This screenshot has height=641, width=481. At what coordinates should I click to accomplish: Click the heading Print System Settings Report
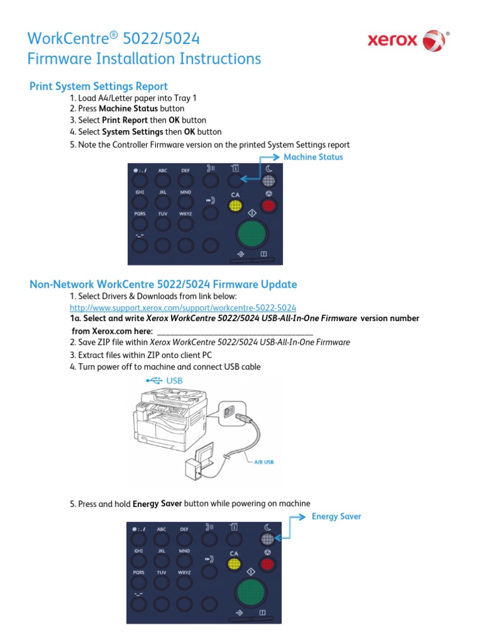pyautogui.click(x=98, y=86)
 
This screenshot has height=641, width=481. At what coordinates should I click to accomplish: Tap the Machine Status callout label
pyautogui.click(x=313, y=157)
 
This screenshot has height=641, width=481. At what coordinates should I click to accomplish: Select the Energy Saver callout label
pyautogui.click(x=336, y=516)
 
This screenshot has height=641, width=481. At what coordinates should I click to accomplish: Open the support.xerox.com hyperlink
pyautogui.click(x=183, y=307)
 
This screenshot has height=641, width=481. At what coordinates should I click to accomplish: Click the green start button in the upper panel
pyautogui.click(x=251, y=233)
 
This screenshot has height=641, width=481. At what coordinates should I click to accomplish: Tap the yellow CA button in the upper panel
pyautogui.click(x=235, y=205)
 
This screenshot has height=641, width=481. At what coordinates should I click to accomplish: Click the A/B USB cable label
pyautogui.click(x=264, y=462)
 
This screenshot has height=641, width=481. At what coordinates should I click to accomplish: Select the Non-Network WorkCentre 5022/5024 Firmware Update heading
pyautogui.click(x=163, y=284)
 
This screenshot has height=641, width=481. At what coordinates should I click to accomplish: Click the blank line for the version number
pyautogui.click(x=234, y=331)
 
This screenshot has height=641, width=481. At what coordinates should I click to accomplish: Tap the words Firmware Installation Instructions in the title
pyautogui.click(x=144, y=59)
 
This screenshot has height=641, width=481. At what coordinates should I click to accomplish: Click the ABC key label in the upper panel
pyautogui.click(x=162, y=170)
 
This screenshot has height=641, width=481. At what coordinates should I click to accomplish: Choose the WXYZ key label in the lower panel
pyautogui.click(x=185, y=572)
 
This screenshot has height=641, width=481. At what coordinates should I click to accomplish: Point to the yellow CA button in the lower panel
pyautogui.click(x=234, y=564)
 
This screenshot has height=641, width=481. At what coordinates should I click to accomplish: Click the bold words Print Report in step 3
pyautogui.click(x=125, y=120)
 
